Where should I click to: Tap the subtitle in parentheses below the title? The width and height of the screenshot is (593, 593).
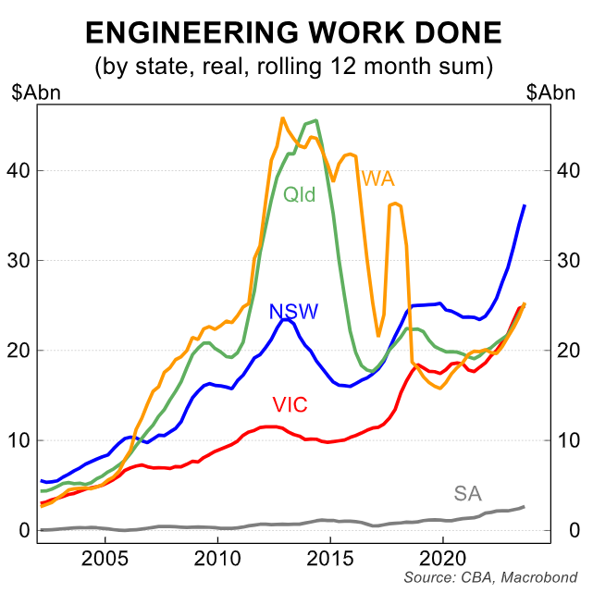tap(294, 67)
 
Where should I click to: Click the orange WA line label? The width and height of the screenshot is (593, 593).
tap(379, 177)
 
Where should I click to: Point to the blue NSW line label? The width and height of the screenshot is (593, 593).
tap(293, 311)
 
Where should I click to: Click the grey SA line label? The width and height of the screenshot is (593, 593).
tap(468, 493)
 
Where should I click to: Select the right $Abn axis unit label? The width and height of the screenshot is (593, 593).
tap(550, 93)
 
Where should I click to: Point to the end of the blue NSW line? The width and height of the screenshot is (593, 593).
tap(525, 205)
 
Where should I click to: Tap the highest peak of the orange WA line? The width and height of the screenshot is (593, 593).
tap(282, 118)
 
